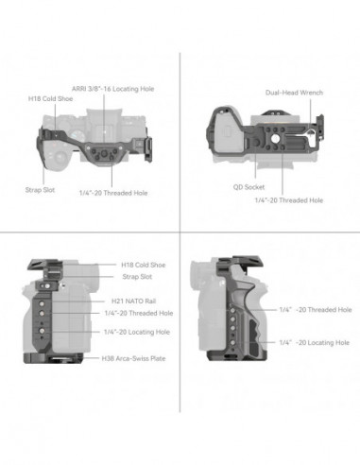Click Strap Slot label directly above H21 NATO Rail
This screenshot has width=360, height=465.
(137, 277)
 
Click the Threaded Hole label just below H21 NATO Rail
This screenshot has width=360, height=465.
(139, 312)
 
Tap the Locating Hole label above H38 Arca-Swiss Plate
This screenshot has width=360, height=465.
(137, 333)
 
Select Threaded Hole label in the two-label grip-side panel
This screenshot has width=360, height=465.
(315, 308)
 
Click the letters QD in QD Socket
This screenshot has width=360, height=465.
(237, 186)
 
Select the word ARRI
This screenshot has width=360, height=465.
(81, 88)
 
